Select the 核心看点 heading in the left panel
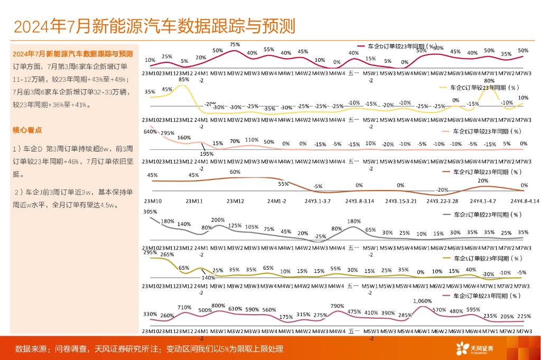(27, 130)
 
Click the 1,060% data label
(421, 301)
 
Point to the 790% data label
(337, 306)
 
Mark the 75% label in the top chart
(235, 45)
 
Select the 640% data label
(150, 132)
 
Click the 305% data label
(150, 212)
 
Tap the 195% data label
(207, 154)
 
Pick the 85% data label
(184, 80)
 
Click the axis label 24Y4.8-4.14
(525, 201)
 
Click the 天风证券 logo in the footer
(475, 348)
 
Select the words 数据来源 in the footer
(31, 349)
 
